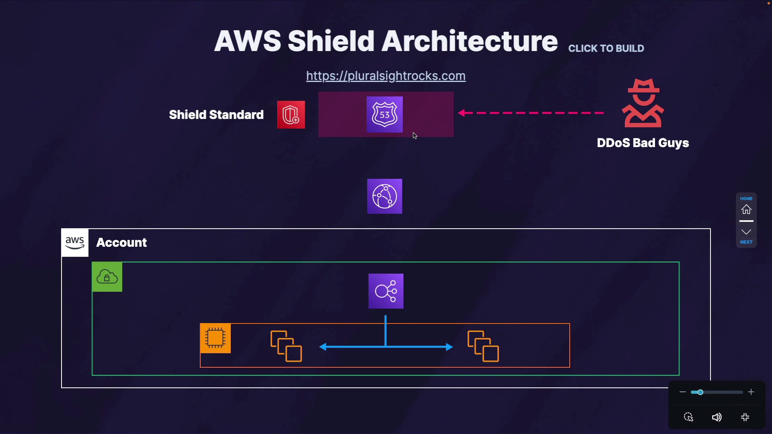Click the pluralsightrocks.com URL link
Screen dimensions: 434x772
pos(386,76)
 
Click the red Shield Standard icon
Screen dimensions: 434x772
pos(291,115)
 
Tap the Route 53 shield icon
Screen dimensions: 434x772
pos(385,115)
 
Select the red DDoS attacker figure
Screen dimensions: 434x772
pos(643,103)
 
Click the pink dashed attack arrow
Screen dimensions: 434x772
pos(531,113)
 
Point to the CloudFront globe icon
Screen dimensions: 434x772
pos(385,197)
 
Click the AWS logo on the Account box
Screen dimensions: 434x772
pos(75,243)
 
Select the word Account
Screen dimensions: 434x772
pos(121,243)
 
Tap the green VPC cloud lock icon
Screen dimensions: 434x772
pos(107,277)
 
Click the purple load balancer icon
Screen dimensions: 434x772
pos(386,291)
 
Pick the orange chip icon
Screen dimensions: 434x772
pos(216,338)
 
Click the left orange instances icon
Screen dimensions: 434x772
pos(286,346)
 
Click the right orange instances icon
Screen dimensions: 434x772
pos(483,346)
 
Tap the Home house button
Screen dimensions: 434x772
pos(747,209)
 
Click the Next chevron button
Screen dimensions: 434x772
pos(747,232)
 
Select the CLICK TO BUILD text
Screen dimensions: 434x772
pos(606,49)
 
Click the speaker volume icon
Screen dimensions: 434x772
pos(717,418)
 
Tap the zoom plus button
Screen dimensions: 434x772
pos(751,392)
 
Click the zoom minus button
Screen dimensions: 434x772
pos(683,392)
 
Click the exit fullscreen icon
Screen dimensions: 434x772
pos(745,418)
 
